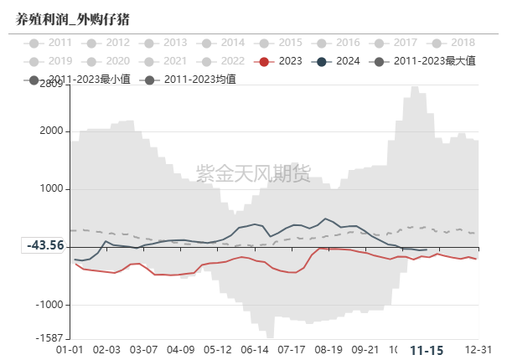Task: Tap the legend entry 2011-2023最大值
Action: coord(435,61)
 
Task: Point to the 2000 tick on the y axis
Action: coord(49,131)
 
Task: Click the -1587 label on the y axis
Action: coord(48,338)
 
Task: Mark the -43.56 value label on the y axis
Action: coord(45,245)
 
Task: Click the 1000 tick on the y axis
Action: coord(49,189)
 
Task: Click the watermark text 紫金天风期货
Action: coord(253,174)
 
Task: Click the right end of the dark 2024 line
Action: coord(427,249)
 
